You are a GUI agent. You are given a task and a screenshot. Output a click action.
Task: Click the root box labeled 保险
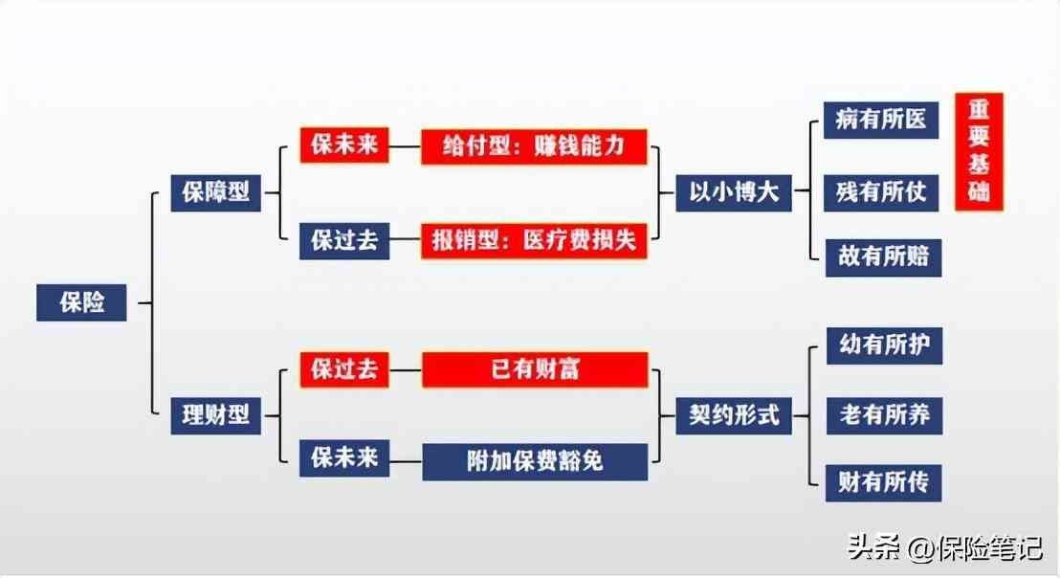pyautogui.click(x=81, y=302)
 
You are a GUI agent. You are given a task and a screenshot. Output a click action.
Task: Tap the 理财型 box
pyautogui.click(x=215, y=415)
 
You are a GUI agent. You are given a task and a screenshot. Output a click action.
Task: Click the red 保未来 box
pyautogui.click(x=344, y=145)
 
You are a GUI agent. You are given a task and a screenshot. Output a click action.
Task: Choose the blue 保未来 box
pyautogui.click(x=344, y=458)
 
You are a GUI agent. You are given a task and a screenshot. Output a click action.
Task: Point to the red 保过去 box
pyautogui.click(x=344, y=369)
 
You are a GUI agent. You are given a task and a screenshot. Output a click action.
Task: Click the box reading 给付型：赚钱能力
pyautogui.click(x=535, y=146)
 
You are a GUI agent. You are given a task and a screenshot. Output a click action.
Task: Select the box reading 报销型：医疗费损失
pyautogui.click(x=535, y=241)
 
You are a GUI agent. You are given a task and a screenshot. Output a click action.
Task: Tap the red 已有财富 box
pyautogui.click(x=535, y=369)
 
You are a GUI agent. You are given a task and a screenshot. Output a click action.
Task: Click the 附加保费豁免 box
pyautogui.click(x=535, y=461)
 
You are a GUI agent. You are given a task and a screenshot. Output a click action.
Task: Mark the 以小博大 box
pyautogui.click(x=734, y=192)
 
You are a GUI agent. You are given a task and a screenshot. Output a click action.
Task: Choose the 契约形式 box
pyautogui.click(x=734, y=415)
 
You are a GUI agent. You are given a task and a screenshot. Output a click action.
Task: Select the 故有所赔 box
pyautogui.click(x=882, y=257)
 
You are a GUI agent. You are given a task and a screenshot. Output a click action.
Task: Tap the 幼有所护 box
pyautogui.click(x=884, y=345)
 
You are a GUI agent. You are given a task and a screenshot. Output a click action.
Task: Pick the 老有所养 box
pyautogui.click(x=884, y=415)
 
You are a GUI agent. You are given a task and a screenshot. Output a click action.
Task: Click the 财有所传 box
pyautogui.click(x=884, y=480)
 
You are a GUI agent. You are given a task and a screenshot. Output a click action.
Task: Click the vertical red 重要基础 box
pyautogui.click(x=979, y=151)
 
